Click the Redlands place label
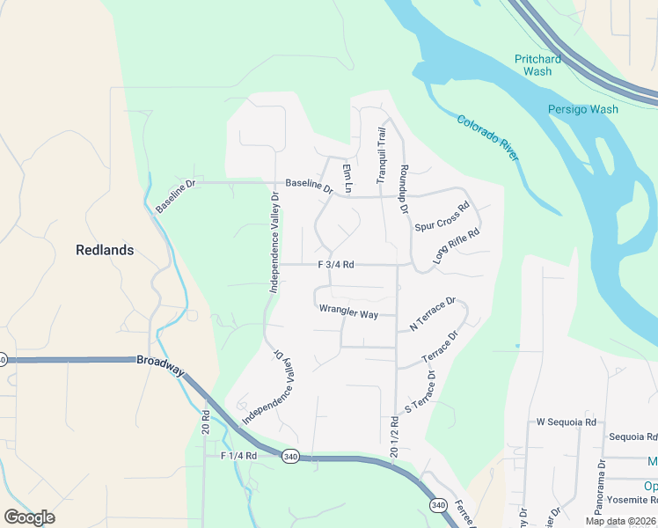pyautogui.click(x=105, y=250)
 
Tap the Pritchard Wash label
pyautogui.click(x=537, y=65)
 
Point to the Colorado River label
pyautogui.click(x=489, y=136)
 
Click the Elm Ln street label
pyautogui.click(x=347, y=179)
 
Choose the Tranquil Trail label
pyautogui.click(x=382, y=155)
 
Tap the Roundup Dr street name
pyautogui.click(x=405, y=188)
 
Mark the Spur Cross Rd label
pyautogui.click(x=442, y=216)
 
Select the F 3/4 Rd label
pyautogui.click(x=336, y=264)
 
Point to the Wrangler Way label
pyautogui.click(x=348, y=311)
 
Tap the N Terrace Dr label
pyautogui.click(x=432, y=314)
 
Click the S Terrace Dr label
pyautogui.click(x=420, y=391)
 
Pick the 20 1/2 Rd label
pyautogui.click(x=393, y=437)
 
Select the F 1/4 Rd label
pyautogui.click(x=238, y=456)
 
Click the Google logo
pyautogui.click(x=29, y=517)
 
